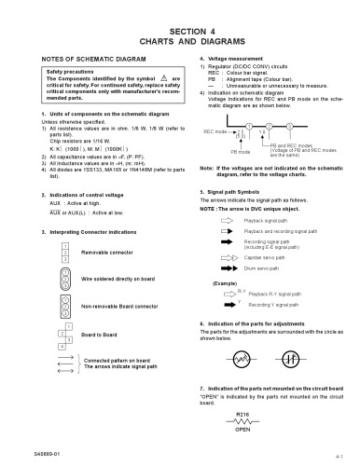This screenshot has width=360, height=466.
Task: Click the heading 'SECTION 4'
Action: [x=180, y=32]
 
